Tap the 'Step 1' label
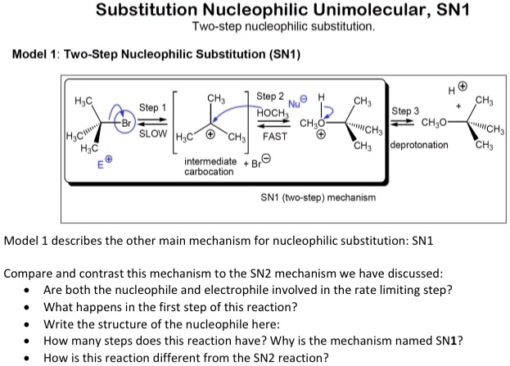[152, 107]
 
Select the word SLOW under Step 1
[153, 133]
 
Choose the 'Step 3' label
[405, 111]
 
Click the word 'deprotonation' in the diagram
[421, 144]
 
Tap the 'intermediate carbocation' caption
[210, 166]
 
